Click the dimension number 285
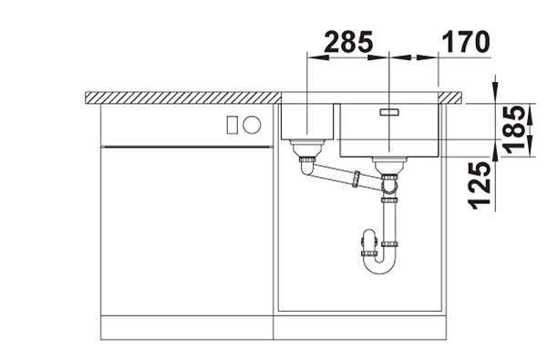tap(348, 42)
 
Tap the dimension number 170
tap(466, 42)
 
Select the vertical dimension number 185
tap(515, 129)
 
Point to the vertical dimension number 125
tap(480, 185)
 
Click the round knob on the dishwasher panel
tap(252, 125)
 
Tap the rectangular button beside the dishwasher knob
tap(232, 125)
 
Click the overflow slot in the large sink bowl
tap(389, 112)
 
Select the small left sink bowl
tap(307, 121)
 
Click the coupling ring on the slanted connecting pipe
tap(356, 180)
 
